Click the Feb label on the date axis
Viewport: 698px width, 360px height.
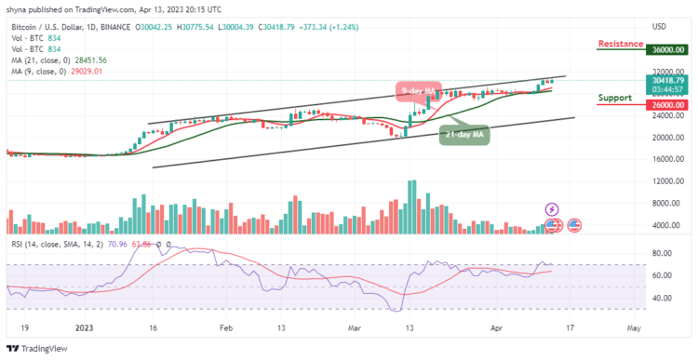tap(224, 327)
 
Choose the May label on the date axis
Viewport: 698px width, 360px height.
tap(634, 327)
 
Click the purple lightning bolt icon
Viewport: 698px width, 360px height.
tap(552, 209)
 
